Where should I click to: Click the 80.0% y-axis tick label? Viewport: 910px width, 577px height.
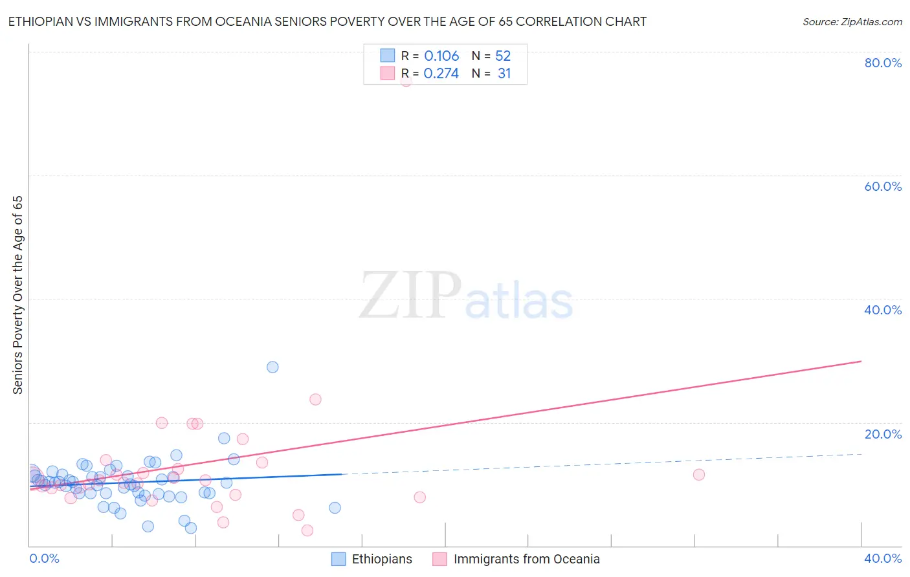883,63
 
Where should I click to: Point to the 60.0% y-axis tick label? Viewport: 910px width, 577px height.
883,186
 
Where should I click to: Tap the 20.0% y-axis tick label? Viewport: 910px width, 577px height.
883,434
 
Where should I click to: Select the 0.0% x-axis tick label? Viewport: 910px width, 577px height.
44,559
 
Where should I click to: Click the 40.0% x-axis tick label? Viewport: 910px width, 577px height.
883,559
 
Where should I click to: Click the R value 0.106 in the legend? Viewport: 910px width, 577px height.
441,56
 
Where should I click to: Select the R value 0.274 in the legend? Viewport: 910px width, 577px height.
441,74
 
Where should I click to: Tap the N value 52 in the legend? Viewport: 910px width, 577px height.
503,56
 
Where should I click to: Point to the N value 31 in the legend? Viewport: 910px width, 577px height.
504,74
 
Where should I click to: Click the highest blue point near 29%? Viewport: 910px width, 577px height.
272,367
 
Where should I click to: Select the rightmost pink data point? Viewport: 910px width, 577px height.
699,475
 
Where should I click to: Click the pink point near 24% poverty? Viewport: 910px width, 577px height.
315,399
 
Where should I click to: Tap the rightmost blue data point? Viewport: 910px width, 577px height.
335,508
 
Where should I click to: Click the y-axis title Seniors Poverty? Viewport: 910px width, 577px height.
17,294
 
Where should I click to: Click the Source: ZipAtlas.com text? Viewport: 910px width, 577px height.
852,22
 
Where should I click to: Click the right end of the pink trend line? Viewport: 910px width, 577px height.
861,361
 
